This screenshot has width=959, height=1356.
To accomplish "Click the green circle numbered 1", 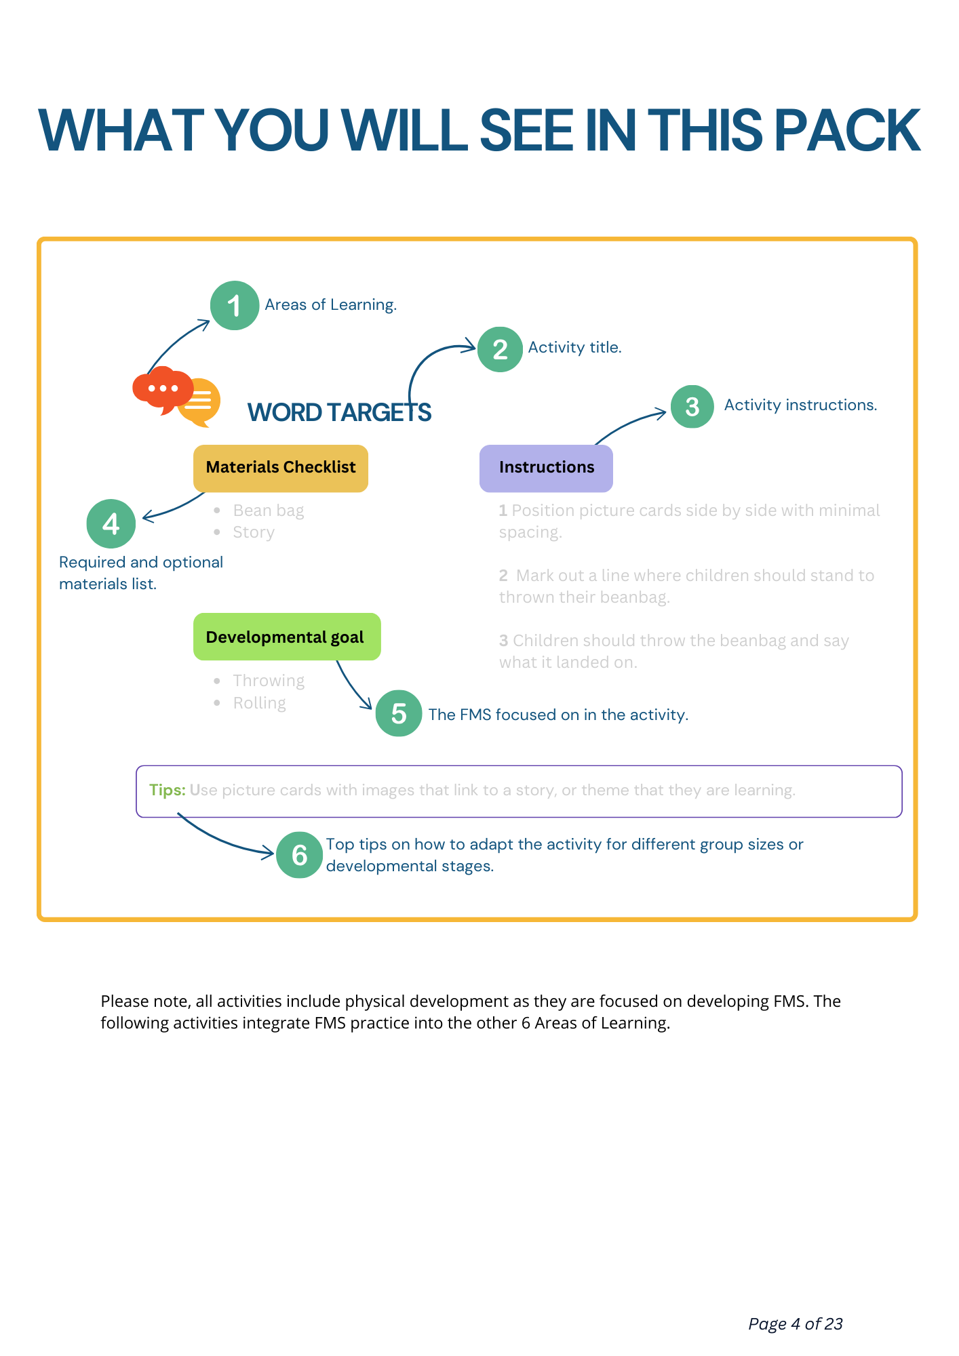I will (x=235, y=306).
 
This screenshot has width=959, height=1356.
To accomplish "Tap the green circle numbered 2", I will (x=500, y=349).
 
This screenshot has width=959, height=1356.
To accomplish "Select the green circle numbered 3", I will (x=692, y=407).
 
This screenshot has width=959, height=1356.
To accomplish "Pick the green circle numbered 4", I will (x=111, y=523).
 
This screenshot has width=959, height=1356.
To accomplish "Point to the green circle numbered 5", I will (x=399, y=713).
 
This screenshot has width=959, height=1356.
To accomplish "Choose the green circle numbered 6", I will (x=299, y=855).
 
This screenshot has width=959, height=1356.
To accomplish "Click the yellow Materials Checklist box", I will (x=281, y=468).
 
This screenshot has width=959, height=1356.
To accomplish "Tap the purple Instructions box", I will (x=546, y=468).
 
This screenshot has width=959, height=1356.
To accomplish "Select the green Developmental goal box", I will (x=286, y=637).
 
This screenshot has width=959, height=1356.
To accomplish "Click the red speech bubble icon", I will (x=161, y=389).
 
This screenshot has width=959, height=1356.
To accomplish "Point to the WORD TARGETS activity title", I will (x=339, y=412).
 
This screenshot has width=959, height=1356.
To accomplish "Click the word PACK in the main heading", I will (x=847, y=130).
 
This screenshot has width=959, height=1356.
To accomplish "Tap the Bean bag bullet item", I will (x=268, y=511).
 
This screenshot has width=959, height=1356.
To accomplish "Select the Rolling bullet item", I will (x=259, y=703).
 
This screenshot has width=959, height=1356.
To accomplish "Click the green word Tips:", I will (x=167, y=790).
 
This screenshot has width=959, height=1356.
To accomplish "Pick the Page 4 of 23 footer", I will (x=795, y=1323).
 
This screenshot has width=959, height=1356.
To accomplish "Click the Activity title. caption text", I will (x=574, y=347).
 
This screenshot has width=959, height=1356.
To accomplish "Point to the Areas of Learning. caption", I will (x=330, y=304).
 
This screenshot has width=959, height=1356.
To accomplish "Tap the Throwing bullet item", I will (x=269, y=681).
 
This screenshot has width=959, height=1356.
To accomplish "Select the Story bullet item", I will (x=254, y=532).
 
